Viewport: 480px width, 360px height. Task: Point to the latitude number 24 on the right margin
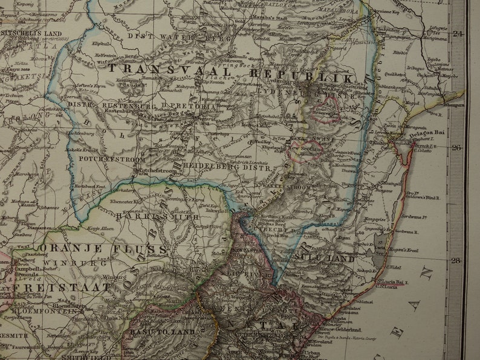[458, 34]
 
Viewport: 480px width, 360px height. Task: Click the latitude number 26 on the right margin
[458, 147]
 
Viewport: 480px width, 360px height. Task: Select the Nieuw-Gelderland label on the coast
[341, 330]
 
